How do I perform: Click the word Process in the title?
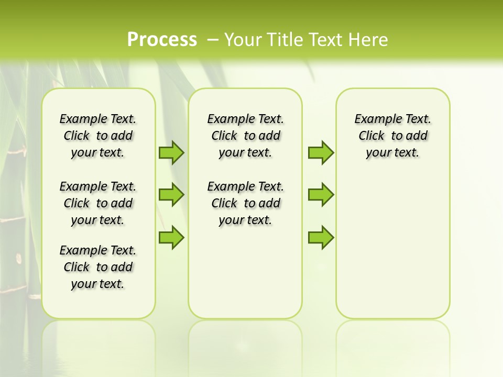[x=162, y=40]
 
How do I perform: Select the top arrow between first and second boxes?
[x=171, y=152]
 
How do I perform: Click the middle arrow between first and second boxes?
[x=171, y=195]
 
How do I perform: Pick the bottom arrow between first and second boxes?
[x=171, y=237]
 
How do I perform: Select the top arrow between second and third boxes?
[x=321, y=152]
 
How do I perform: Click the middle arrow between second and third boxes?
[x=321, y=195]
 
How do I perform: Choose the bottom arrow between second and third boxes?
[x=321, y=237]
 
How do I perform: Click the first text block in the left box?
[x=98, y=136]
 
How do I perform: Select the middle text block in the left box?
[x=98, y=203]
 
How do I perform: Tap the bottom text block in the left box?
[x=98, y=267]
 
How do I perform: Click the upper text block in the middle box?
[x=245, y=136]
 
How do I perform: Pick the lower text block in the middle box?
[x=245, y=203]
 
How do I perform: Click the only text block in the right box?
[x=393, y=136]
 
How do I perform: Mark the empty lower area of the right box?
[x=393, y=246]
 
